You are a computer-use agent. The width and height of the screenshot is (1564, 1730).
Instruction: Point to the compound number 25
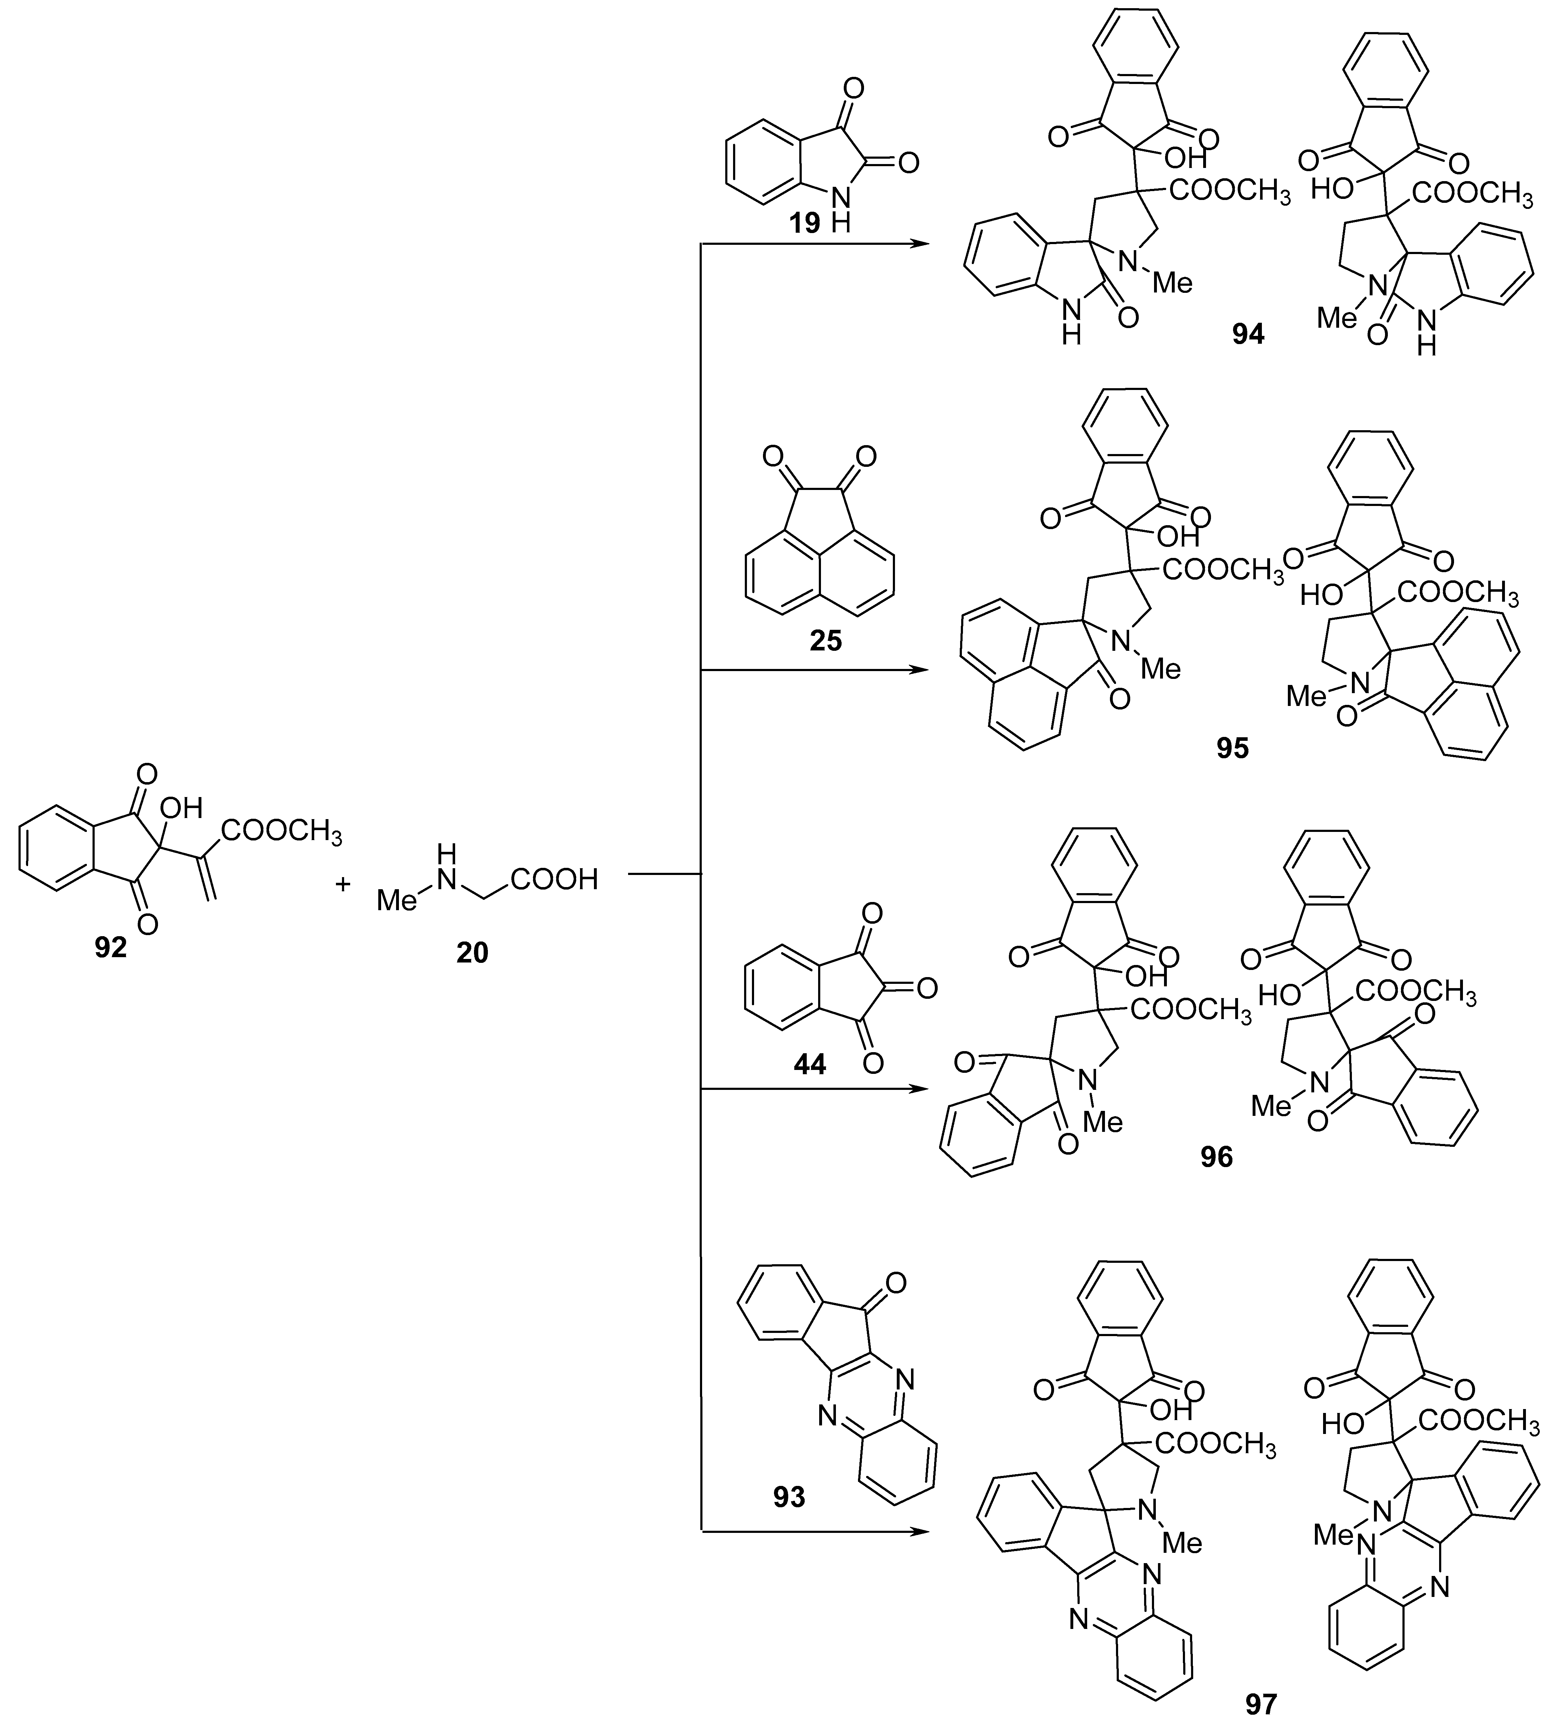tap(825, 640)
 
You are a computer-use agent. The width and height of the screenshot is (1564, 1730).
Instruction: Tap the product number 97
tap(1261, 1703)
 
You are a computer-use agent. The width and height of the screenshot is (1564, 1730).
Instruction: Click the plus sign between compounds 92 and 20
tap(343, 885)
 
